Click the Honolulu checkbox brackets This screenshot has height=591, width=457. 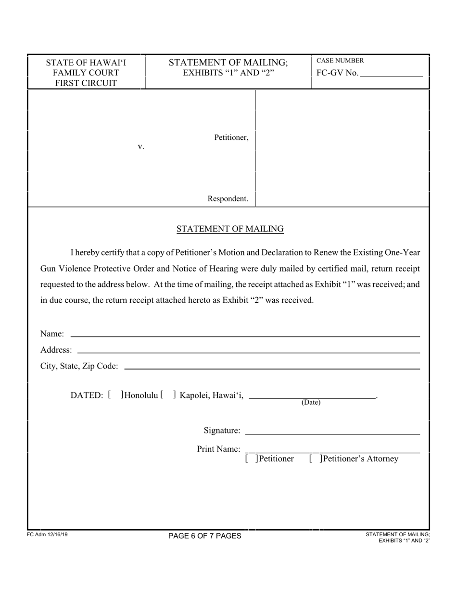(115, 395)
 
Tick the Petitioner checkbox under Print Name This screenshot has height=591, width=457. (251, 459)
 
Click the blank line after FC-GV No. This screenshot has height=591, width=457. (391, 75)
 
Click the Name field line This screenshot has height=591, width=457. (244, 336)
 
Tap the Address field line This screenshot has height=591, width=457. (248, 352)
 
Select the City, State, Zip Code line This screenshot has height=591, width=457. (272, 369)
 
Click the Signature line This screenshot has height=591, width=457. (332, 433)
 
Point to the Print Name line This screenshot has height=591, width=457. (332, 452)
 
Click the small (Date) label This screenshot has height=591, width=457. (311, 403)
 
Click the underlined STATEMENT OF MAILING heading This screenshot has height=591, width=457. (230, 229)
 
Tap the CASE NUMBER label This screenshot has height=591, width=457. (340, 61)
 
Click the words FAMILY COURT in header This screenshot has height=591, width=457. (86, 73)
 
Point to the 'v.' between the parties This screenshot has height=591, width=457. (141, 147)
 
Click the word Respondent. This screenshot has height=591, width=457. (228, 198)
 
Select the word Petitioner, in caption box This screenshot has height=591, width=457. (231, 138)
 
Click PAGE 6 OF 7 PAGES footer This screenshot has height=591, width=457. (205, 536)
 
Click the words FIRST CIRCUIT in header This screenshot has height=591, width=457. (86, 83)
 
